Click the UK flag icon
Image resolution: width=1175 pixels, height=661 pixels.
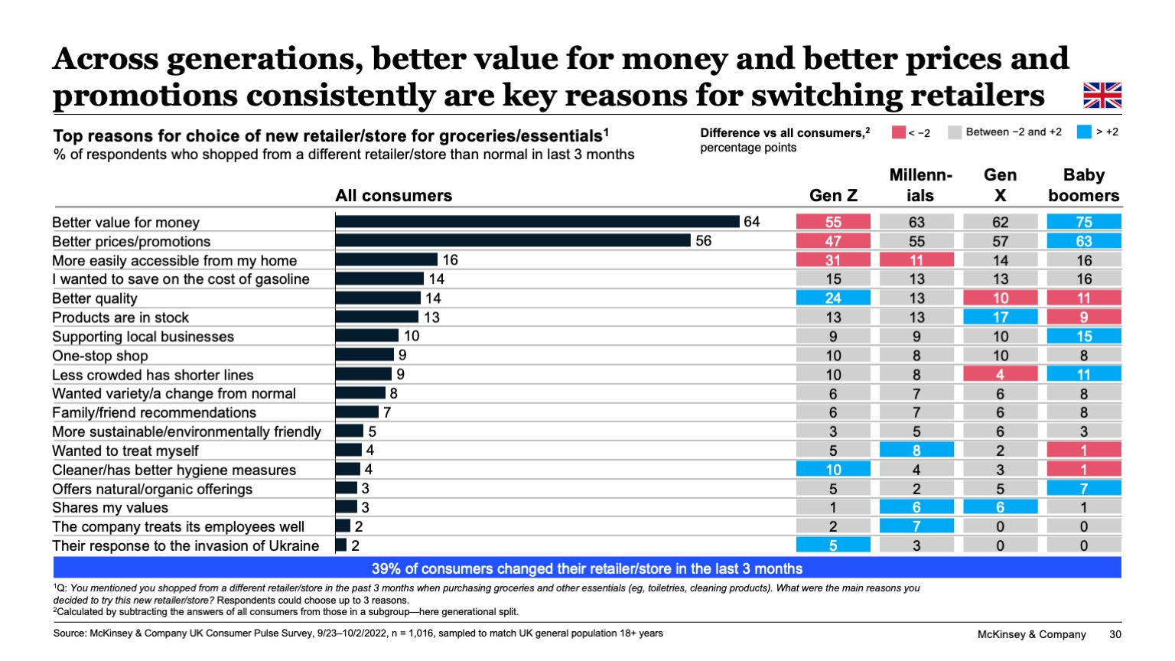[1102, 96]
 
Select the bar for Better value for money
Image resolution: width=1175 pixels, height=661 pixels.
[537, 222]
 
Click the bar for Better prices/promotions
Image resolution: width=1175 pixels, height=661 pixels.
[513, 241]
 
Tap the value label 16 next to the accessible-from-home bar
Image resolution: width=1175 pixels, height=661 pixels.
[451, 260]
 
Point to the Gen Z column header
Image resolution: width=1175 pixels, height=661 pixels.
[833, 196]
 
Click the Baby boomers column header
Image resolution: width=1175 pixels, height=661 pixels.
[1083, 185]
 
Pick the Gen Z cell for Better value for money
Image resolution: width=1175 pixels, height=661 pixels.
[833, 222]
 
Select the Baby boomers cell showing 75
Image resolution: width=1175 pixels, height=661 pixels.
[1083, 222]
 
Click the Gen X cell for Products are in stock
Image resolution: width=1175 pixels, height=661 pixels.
[1000, 317]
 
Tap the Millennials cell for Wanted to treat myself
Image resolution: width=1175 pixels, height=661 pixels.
[916, 451]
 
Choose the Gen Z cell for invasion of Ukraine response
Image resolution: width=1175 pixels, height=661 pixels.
[833, 545]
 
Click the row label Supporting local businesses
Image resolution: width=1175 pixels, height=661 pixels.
[143, 337]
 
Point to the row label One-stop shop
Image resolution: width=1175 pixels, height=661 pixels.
[100, 356]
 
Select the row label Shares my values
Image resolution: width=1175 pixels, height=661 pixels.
[110, 508]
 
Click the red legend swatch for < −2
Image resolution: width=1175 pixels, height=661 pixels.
[898, 132]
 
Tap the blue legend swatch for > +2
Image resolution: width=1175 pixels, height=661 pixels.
[1083, 132]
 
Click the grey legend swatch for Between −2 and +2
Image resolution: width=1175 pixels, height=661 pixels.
[954, 132]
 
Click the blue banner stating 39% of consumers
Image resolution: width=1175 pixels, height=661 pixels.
[587, 568]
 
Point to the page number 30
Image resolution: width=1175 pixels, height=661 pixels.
[1115, 634]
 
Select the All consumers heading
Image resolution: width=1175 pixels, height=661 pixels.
[393, 196]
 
